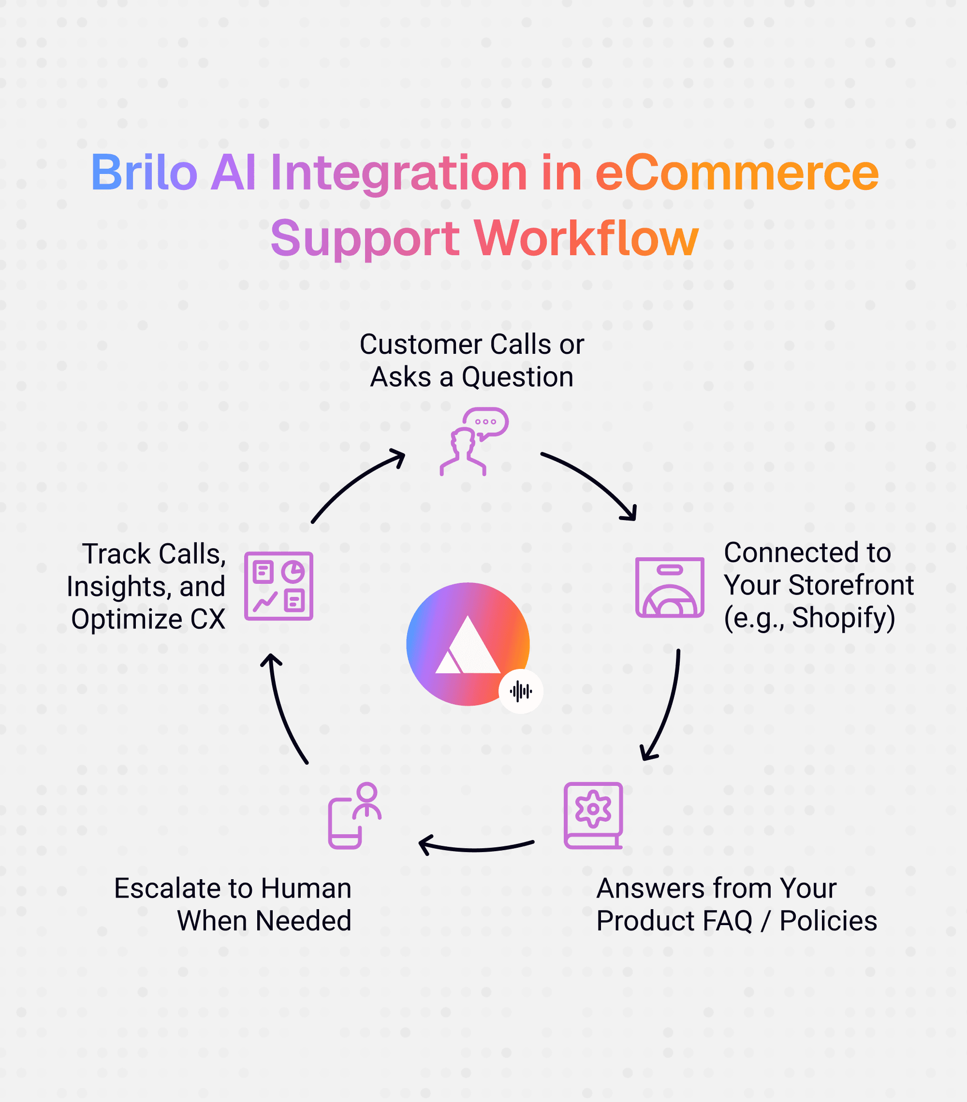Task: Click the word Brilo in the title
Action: pos(144,173)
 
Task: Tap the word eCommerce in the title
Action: pos(737,173)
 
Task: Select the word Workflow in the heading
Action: pos(586,238)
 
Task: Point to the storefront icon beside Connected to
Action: pos(669,587)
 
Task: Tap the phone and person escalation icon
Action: pos(354,815)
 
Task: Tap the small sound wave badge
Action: pos(520,691)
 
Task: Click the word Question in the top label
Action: pos(517,377)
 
